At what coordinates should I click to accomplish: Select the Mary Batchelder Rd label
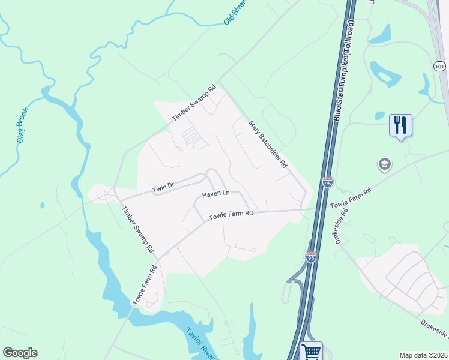pyautogui.click(x=268, y=144)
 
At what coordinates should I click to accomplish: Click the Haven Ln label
pyautogui.click(x=216, y=194)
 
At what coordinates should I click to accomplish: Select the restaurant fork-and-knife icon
pyautogui.click(x=400, y=125)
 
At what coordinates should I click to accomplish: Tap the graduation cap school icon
pyautogui.click(x=384, y=164)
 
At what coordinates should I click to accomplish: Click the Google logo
pyautogui.click(x=20, y=353)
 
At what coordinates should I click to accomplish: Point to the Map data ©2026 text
pyautogui.click(x=423, y=355)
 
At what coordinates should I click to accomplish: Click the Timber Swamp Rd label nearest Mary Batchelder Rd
pyautogui.click(x=193, y=103)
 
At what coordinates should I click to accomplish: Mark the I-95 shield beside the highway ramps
pyautogui.click(x=311, y=257)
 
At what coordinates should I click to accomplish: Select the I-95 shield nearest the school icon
pyautogui.click(x=327, y=182)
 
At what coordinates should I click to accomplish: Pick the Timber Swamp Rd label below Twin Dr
pyautogui.click(x=138, y=229)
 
